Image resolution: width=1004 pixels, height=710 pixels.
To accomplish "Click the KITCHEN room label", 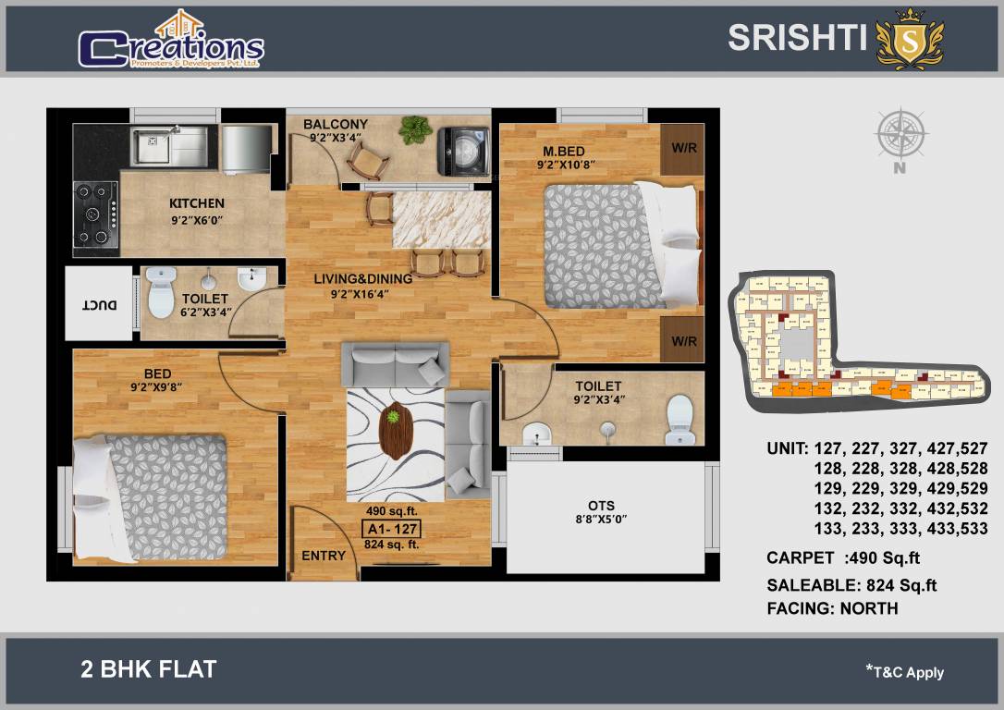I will click(196, 203).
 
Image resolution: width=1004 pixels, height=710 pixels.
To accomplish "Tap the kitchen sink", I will click(168, 145).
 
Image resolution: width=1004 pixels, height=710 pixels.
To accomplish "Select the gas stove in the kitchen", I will click(96, 214).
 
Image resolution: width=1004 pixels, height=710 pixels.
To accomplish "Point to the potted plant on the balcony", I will click(416, 129).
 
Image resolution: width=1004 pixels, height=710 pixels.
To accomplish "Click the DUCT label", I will click(94, 304).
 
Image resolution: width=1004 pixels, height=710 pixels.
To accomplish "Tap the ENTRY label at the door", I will click(324, 556).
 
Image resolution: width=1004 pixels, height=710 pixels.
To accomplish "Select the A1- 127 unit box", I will click(392, 529).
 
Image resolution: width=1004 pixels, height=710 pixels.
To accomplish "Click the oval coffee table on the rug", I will click(395, 431).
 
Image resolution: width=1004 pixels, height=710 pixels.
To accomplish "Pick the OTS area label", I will click(601, 506).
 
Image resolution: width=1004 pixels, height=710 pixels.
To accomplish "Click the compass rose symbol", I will click(900, 135).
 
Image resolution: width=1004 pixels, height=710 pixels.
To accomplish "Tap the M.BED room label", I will click(564, 151).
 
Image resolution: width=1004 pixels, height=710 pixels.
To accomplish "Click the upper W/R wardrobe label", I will click(684, 148).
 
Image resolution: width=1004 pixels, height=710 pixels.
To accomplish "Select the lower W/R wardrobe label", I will click(684, 341).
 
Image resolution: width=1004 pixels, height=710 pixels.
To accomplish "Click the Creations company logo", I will click(171, 42).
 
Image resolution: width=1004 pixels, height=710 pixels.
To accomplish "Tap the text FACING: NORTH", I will click(832, 608).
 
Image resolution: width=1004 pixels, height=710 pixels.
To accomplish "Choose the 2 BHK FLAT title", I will click(149, 669).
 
